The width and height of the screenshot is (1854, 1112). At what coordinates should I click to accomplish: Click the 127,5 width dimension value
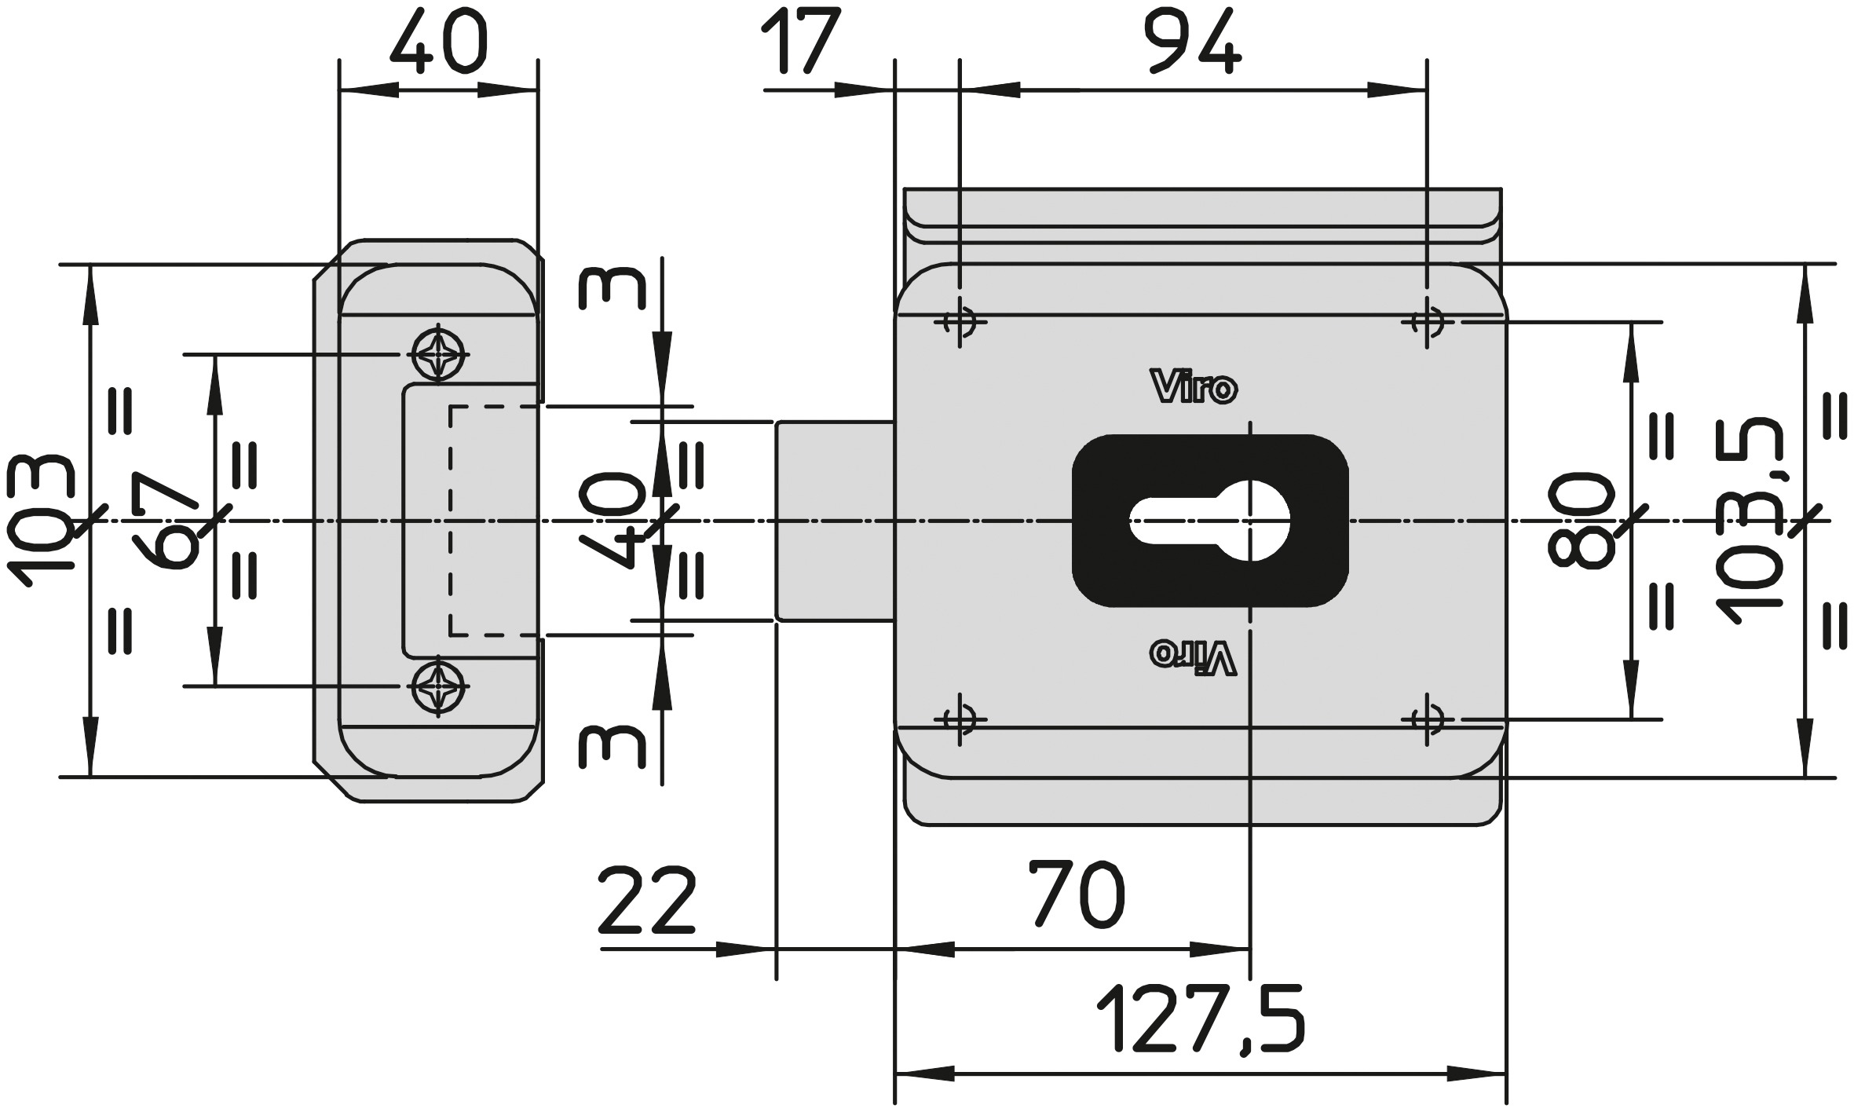pos(1201,1019)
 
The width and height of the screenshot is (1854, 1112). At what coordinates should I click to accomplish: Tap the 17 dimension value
pos(800,41)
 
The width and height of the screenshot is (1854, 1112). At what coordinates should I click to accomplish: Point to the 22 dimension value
pos(647,900)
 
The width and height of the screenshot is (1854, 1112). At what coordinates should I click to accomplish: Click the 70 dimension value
pos(1077,894)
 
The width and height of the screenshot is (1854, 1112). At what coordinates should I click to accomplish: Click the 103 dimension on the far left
pos(41,521)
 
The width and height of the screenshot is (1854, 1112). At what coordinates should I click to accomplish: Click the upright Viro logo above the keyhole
pos(1194,387)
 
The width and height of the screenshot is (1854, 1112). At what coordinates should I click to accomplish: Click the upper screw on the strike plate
pos(438,355)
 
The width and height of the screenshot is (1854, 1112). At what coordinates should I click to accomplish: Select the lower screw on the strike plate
pos(438,686)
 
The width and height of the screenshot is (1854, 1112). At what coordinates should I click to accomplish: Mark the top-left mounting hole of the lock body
pos(960,321)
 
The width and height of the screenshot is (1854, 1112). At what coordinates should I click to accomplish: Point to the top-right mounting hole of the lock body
pos(1427,321)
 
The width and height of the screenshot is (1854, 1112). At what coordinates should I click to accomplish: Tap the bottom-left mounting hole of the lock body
pos(960,719)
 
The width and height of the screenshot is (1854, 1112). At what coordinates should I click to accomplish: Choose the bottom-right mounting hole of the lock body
pos(1427,719)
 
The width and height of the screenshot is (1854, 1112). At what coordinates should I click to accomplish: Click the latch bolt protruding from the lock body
pos(836,521)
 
